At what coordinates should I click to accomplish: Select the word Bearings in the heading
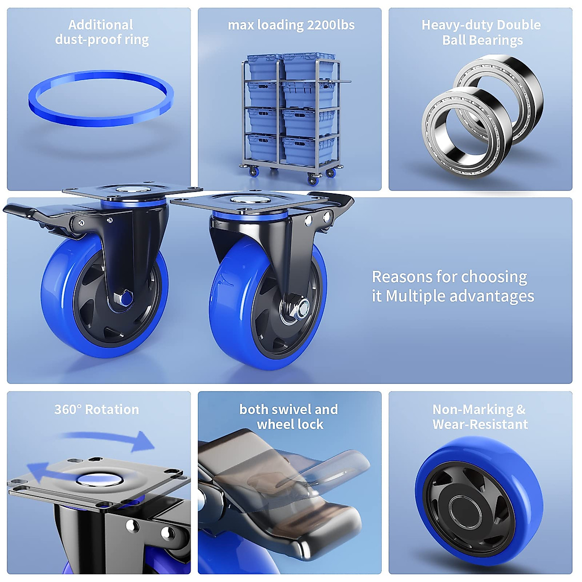(500, 40)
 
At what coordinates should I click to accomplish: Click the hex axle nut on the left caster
(123, 297)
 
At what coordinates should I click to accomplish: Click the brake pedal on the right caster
(335, 199)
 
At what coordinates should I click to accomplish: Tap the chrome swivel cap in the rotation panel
(99, 480)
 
